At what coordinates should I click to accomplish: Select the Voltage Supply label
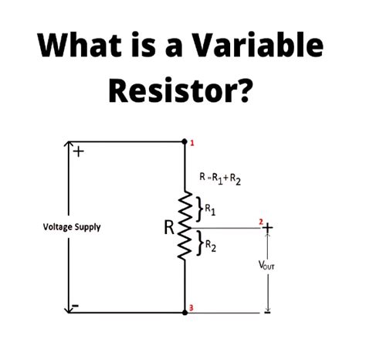point(72,227)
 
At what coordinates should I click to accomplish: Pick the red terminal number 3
point(191,309)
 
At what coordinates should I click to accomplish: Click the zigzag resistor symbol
point(184,228)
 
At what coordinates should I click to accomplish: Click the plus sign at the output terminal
point(268,228)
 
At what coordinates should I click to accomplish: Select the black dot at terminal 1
point(185,142)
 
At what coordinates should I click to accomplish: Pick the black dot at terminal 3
point(185,313)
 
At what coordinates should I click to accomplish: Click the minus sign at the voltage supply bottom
point(75,306)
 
